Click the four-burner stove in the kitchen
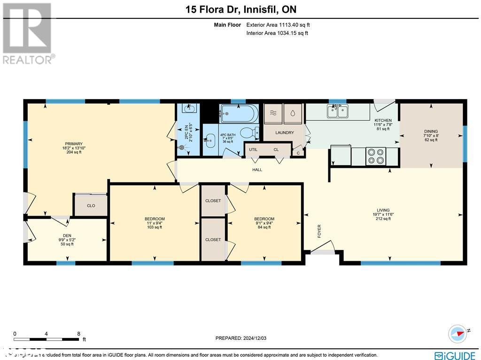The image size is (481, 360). pyautogui.click(x=375, y=156)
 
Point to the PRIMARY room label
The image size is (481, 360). pyautogui.click(x=74, y=144)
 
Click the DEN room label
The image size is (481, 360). pyautogui.click(x=67, y=236)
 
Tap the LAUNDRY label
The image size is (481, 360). pyautogui.click(x=285, y=133)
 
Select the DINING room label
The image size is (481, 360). pyautogui.click(x=431, y=132)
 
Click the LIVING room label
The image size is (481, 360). pyautogui.click(x=383, y=210)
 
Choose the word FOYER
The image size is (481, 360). pyautogui.click(x=319, y=231)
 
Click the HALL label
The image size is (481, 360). pyautogui.click(x=257, y=170)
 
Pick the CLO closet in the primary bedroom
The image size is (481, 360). pyautogui.click(x=91, y=205)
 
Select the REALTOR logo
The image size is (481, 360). pyautogui.click(x=28, y=33)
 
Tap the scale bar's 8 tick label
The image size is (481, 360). pyautogui.click(x=78, y=334)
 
